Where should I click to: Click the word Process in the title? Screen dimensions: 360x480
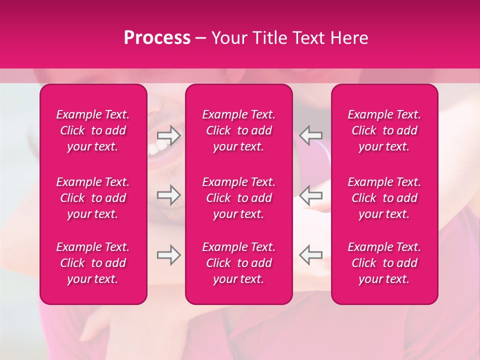157,38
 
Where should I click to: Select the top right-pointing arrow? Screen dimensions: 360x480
169,135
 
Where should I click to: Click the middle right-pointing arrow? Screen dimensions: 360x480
169,195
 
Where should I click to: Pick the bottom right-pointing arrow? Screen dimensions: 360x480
169,255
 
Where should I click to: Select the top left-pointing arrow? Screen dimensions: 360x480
310,135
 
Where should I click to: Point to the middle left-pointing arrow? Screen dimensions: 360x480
310,195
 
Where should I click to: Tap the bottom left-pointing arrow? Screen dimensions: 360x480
310,255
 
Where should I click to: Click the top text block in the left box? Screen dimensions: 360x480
93,130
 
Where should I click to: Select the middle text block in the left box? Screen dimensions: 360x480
93,198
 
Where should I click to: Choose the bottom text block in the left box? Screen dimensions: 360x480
93,263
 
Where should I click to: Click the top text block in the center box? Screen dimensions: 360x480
239,130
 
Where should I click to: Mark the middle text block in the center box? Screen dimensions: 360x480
239,198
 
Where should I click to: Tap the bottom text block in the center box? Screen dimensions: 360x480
239,263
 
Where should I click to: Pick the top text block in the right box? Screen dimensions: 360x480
384,130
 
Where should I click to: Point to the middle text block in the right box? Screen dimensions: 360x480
384,198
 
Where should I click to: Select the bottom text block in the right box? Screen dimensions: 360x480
384,263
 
